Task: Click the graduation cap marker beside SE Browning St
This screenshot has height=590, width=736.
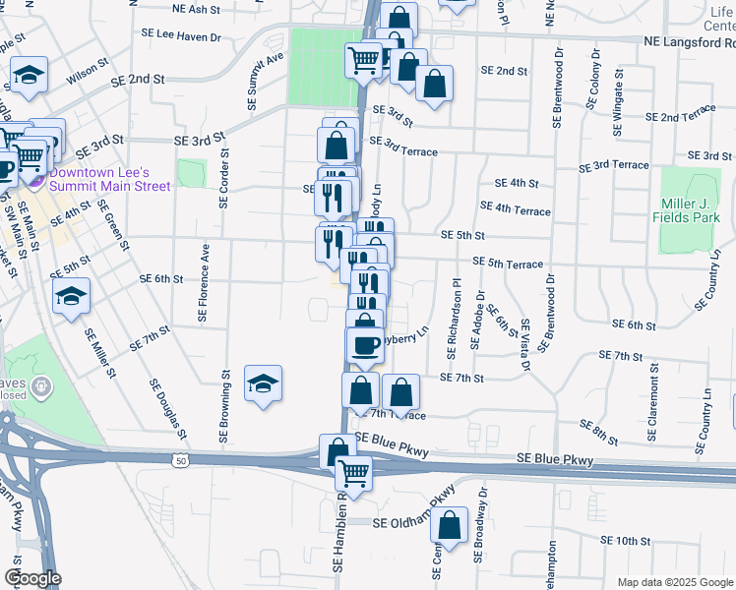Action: point(263,383)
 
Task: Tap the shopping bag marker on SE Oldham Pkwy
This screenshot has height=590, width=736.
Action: point(450,529)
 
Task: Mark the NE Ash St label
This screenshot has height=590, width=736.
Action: point(195,9)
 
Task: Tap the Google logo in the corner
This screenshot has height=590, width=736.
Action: point(32,578)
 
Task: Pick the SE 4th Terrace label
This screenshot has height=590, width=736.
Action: point(515,208)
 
